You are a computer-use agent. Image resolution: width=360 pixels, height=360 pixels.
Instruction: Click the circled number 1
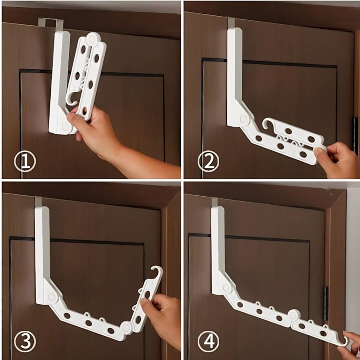point(25,162)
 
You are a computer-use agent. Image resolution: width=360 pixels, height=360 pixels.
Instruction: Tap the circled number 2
point(208,162)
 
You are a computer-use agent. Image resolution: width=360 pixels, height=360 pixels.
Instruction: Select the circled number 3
point(25,342)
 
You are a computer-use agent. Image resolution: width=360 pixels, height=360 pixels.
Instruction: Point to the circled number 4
point(208,342)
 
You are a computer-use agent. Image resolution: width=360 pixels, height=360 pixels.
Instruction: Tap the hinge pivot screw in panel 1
point(65,126)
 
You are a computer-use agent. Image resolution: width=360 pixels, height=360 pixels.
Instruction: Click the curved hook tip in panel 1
point(72,99)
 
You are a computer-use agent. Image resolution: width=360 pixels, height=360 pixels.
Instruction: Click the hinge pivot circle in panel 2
point(243,119)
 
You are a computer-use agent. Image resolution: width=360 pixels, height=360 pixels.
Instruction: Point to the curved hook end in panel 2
point(267,123)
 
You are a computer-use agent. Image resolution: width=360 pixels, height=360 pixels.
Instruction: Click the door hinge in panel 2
point(355,135)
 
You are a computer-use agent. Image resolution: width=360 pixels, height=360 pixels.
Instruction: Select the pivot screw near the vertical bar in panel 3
point(51,297)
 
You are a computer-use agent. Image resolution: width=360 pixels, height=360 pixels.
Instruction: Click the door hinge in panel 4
point(326,303)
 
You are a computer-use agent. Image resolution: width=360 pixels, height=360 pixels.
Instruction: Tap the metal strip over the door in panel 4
point(215,202)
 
